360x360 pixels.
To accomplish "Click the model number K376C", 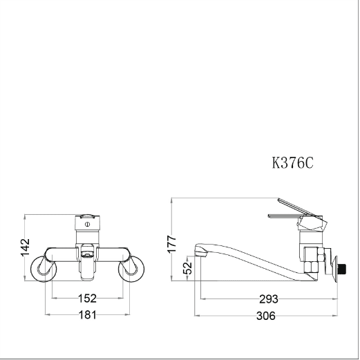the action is (x=292, y=163).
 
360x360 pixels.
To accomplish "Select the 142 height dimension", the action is (x=26, y=247).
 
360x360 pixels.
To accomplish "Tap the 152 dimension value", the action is (x=87, y=299).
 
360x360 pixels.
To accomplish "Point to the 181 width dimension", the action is (x=88, y=315).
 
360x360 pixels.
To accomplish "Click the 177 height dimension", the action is (x=172, y=244).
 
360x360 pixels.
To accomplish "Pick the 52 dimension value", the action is (x=187, y=268).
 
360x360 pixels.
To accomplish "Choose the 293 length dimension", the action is (x=269, y=299).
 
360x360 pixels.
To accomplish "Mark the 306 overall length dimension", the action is (x=266, y=316).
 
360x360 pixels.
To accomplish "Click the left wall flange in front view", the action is (x=44, y=269).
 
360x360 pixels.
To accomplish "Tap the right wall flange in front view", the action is (x=131, y=269).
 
